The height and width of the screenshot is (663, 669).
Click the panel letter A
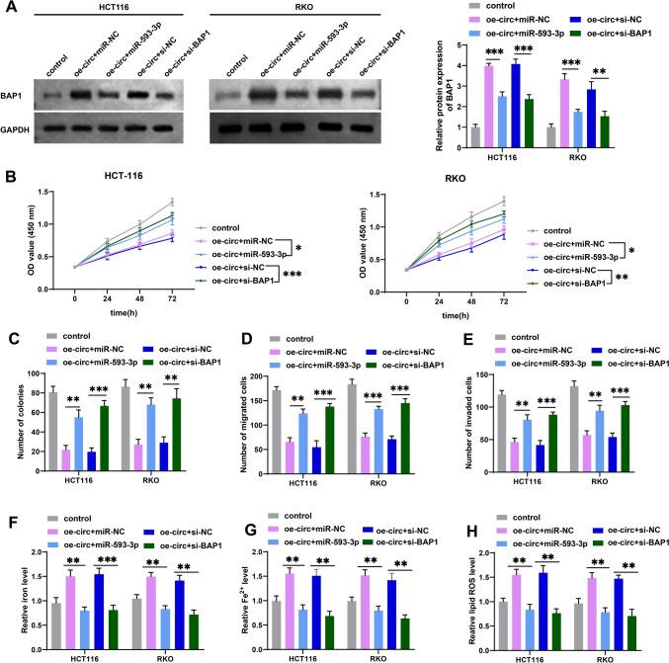tap(8, 8)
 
